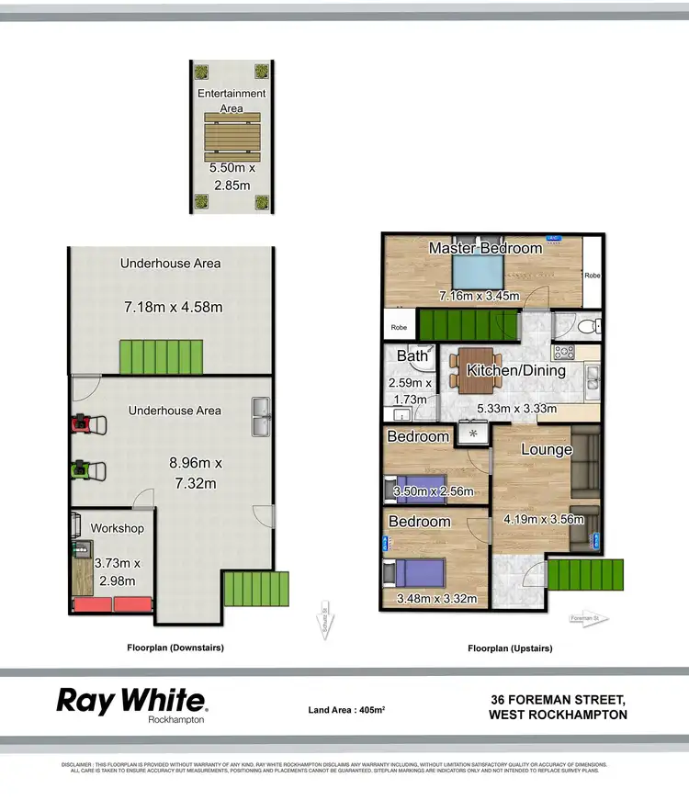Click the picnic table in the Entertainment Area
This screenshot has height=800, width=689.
232,139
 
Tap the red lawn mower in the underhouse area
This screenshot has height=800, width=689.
88,424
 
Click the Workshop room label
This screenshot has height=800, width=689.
117,528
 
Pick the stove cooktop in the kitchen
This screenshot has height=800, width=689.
563,352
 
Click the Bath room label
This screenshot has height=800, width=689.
412,356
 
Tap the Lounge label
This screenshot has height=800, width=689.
547,449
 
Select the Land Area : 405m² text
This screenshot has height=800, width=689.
346,709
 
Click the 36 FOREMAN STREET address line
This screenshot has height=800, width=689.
559,699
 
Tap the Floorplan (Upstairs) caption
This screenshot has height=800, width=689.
510,648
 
